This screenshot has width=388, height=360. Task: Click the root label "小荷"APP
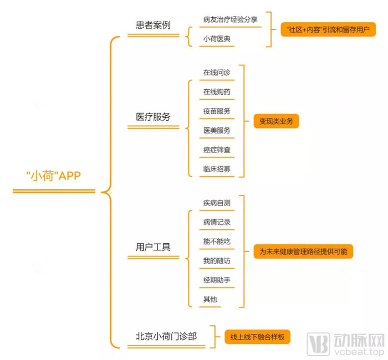pos(53,176)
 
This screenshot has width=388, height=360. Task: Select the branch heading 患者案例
pos(153,25)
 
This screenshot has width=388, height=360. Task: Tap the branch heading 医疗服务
pos(153,117)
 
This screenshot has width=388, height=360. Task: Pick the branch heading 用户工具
pos(153,247)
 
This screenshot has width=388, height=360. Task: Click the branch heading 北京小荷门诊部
pos(166,336)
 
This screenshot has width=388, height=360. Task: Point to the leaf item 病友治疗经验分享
pos(231,19)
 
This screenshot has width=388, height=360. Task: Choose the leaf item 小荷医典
pos(217,39)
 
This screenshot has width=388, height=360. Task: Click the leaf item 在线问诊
pos(217,73)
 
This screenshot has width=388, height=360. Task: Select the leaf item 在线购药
pos(217,92)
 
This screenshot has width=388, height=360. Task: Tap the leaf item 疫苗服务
pos(217,111)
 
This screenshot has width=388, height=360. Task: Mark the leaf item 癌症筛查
pos(217,150)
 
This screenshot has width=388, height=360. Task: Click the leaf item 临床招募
pos(217,169)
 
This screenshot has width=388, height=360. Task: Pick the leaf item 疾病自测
pos(217,203)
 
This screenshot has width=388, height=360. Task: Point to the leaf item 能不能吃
pos(217,241)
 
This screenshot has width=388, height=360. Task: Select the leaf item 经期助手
pos(217,280)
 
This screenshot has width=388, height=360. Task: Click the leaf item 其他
pos(210,299)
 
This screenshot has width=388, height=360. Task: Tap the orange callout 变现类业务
pos(276,121)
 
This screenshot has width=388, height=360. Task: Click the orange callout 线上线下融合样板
pos(257,337)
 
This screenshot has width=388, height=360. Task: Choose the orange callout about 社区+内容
pos(328,29)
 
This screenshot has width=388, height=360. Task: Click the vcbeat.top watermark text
pos(359,351)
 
